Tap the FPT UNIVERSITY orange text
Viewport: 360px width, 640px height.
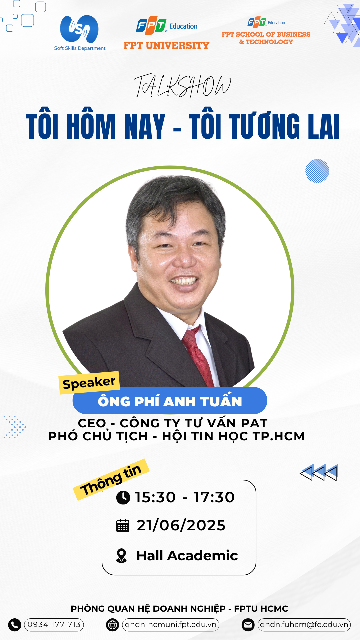(x=166, y=45)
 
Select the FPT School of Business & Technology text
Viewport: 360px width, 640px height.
(x=266, y=38)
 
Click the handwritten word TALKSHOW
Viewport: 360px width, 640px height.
(x=183, y=86)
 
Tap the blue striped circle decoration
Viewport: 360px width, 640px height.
(x=317, y=171)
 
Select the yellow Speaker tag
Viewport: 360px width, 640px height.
(x=89, y=383)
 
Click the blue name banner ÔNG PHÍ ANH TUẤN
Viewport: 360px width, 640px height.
(x=170, y=401)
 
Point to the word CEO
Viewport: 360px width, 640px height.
(x=92, y=423)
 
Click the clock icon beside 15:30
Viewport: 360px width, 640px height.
(x=123, y=498)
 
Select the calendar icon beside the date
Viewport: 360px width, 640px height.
(x=123, y=526)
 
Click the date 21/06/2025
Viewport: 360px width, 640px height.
(x=181, y=525)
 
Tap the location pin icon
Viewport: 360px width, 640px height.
(x=122, y=556)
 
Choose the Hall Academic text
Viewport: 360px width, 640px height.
(x=187, y=556)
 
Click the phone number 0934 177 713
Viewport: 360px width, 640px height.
(x=54, y=625)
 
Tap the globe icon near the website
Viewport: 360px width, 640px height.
(x=113, y=625)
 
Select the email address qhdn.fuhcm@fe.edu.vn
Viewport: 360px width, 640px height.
(x=304, y=625)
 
